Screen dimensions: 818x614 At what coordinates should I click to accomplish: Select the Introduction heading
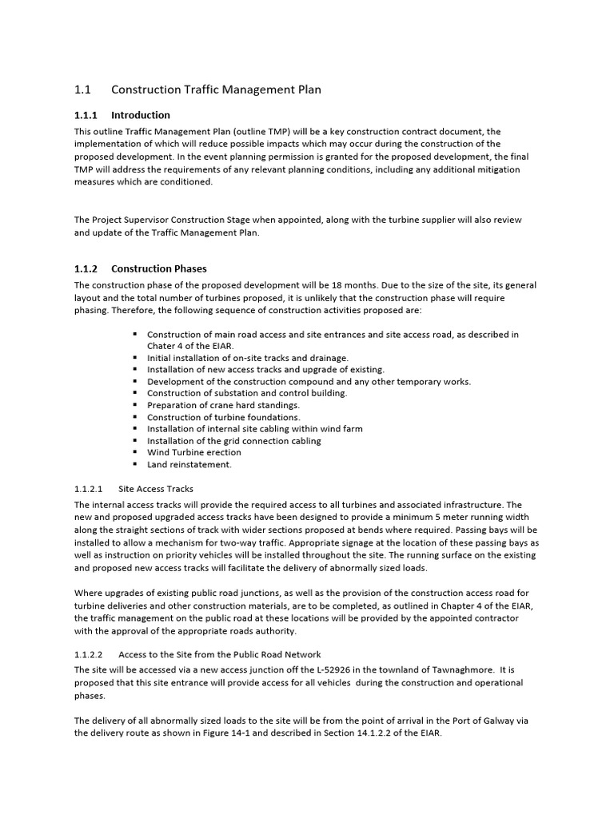(141, 115)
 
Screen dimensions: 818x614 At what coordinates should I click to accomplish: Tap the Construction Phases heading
(158, 268)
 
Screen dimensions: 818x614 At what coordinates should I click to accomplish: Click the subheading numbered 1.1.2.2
(92, 654)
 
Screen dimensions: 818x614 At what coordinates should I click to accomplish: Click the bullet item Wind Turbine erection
(194, 452)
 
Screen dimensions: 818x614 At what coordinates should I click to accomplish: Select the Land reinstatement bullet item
(189, 464)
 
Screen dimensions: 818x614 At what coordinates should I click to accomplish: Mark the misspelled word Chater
(161, 346)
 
